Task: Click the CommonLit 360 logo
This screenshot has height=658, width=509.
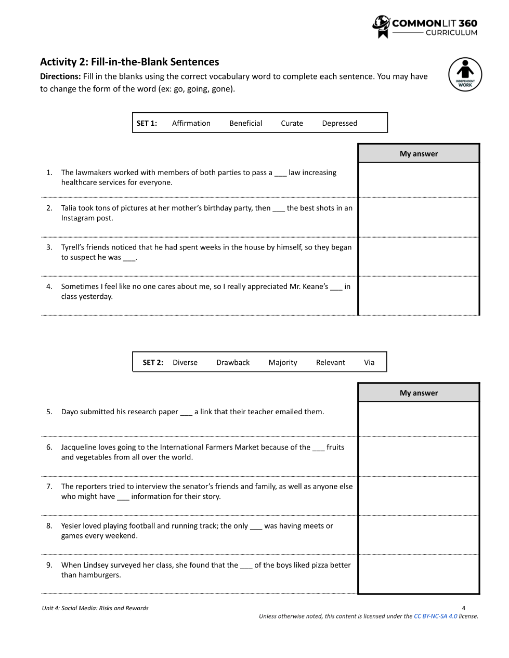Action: (x=424, y=27)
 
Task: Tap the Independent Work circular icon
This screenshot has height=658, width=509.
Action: (x=465, y=74)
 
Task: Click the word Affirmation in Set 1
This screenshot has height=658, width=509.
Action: (x=191, y=123)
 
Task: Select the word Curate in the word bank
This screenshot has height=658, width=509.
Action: (x=292, y=123)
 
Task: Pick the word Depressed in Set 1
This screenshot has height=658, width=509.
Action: (x=340, y=123)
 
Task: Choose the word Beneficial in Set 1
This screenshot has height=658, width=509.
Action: (x=246, y=123)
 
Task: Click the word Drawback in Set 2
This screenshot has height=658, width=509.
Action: (x=233, y=362)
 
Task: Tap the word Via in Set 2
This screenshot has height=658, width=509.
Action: (x=369, y=362)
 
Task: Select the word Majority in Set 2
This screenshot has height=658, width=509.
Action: (x=283, y=362)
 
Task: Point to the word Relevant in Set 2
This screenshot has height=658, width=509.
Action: (x=331, y=362)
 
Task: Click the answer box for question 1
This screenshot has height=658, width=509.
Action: (x=419, y=180)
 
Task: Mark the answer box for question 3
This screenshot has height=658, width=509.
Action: (x=419, y=257)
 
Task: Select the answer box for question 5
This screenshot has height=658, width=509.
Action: (x=419, y=419)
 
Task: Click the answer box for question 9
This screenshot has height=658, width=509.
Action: (x=419, y=574)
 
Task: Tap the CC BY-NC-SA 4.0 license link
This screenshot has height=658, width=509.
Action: (x=436, y=616)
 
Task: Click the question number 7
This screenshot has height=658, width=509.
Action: (x=49, y=486)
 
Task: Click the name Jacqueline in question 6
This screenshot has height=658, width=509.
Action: (x=82, y=447)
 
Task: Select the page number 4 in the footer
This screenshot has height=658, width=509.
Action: (x=464, y=608)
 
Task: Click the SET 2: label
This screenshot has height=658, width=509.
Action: (x=153, y=362)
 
